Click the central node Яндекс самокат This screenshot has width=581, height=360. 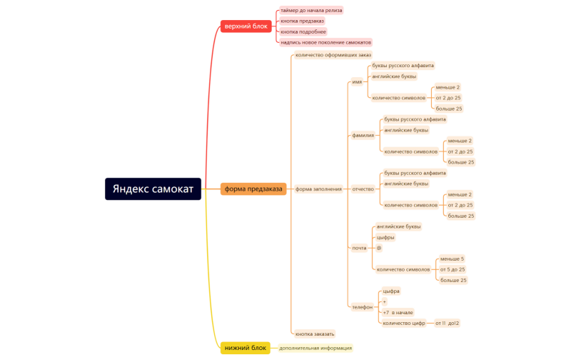click(x=153, y=189)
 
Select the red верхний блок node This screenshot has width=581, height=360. click(x=246, y=26)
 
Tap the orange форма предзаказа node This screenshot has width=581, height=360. click(x=253, y=189)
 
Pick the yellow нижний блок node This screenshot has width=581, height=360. click(x=246, y=348)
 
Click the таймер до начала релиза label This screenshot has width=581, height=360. click(x=311, y=10)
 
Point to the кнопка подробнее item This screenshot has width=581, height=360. click(x=303, y=31)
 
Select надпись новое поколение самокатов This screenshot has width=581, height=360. click(x=325, y=42)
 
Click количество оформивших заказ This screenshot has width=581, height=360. click(x=333, y=55)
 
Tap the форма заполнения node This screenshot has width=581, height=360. click(x=318, y=189)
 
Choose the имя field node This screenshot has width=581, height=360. click(x=357, y=81)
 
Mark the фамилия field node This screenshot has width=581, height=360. click(x=363, y=135)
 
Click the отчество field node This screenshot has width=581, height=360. click(x=363, y=189)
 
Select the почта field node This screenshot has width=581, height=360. click(x=359, y=248)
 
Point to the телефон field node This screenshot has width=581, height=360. click(x=362, y=306)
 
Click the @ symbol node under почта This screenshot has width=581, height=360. click(x=379, y=248)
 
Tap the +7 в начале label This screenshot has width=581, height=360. click(x=398, y=312)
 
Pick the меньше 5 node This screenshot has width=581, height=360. click(x=452, y=259)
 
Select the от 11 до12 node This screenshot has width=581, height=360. click(x=447, y=323)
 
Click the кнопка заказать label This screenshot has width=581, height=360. click(x=315, y=334)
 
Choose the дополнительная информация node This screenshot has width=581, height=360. click(x=315, y=348)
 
